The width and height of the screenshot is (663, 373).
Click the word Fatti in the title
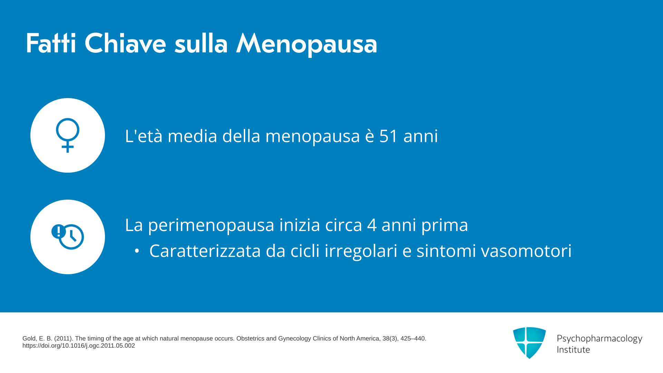click(x=51, y=43)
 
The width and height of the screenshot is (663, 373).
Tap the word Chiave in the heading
click(x=125, y=43)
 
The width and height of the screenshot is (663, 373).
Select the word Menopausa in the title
click(x=307, y=44)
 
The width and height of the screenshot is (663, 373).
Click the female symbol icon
click(x=68, y=135)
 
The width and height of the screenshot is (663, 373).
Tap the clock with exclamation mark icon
click(x=68, y=237)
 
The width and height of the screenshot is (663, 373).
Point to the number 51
click(x=389, y=136)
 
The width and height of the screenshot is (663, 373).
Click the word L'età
click(x=144, y=136)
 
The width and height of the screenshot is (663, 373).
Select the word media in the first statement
click(x=192, y=136)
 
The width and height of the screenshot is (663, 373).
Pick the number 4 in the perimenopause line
click(x=372, y=225)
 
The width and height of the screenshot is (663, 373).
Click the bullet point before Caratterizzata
click(x=137, y=251)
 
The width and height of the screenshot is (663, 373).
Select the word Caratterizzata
click(x=205, y=251)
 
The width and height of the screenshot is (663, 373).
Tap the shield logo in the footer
click(x=529, y=343)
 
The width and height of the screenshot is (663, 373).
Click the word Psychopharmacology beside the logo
click(x=599, y=339)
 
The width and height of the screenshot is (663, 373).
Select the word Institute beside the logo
click(x=573, y=350)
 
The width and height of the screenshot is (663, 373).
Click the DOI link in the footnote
click(x=79, y=346)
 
